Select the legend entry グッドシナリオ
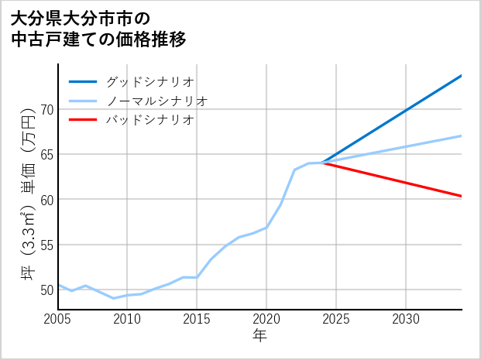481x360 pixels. [x=149, y=81]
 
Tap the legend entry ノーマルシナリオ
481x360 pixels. [x=157, y=101]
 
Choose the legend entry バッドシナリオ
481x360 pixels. [x=149, y=120]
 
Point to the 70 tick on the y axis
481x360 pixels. [x=46, y=109]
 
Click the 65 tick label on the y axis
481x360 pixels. [x=46, y=154]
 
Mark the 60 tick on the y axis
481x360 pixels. [x=46, y=200]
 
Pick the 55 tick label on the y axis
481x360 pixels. [x=46, y=245]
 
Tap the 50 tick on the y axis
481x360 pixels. [x=46, y=290]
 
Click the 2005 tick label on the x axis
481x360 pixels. [x=58, y=319]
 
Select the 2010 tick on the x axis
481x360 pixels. [x=127, y=319]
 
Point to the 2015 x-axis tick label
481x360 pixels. [x=197, y=319]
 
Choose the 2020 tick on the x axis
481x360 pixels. [x=266, y=319]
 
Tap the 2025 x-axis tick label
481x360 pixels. [x=336, y=319]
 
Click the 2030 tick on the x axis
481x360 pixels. [x=406, y=319]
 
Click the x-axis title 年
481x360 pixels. [x=259, y=336]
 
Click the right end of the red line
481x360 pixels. [x=462, y=197]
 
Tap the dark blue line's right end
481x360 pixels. [x=462, y=75]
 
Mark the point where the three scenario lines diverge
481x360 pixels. [x=322, y=163]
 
